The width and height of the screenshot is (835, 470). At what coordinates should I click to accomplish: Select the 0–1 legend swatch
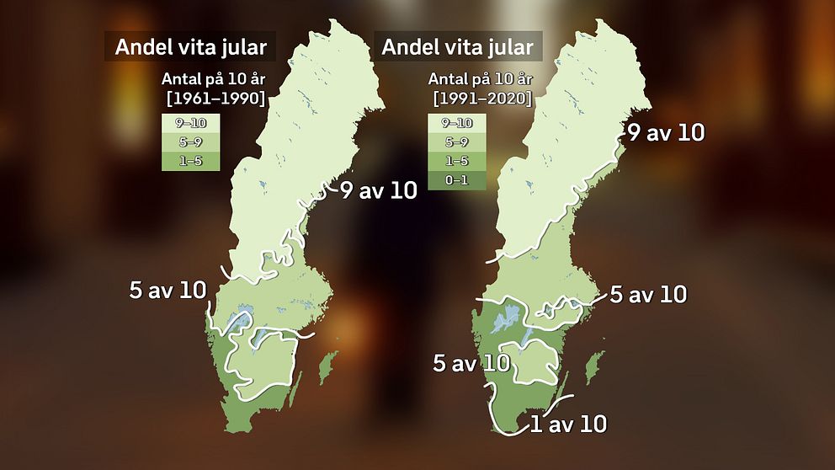click(457, 180)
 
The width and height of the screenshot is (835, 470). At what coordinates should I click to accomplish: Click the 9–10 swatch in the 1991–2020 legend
click(457, 123)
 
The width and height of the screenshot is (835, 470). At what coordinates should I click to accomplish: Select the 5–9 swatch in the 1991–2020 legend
click(457, 142)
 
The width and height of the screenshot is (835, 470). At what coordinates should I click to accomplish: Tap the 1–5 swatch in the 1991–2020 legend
click(457, 161)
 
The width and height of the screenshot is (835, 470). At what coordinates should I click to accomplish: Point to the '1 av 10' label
click(568, 424)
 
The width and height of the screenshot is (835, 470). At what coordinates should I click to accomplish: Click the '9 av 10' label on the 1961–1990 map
click(379, 190)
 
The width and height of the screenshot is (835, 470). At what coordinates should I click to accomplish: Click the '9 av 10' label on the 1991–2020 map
click(666, 132)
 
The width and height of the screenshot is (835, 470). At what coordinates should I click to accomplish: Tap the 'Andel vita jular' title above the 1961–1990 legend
click(191, 47)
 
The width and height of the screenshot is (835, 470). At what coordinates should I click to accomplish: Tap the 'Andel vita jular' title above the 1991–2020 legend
click(458, 46)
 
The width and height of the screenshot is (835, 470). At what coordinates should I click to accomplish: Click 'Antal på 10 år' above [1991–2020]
click(481, 80)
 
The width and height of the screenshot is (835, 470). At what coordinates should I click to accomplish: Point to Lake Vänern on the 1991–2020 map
click(508, 319)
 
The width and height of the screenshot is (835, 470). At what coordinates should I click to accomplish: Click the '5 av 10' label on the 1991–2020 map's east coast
click(648, 295)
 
